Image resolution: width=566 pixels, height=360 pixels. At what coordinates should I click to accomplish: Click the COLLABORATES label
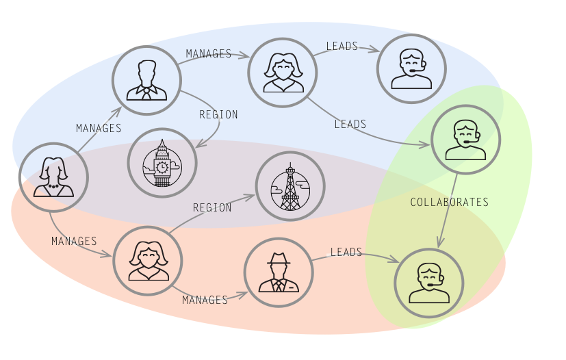coord(449,202)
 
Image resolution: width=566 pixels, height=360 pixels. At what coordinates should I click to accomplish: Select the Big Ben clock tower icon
coord(162,163)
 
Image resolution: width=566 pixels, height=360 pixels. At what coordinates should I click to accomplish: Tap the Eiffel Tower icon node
coord(290,186)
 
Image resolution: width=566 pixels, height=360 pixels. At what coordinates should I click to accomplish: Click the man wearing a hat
coord(279,272)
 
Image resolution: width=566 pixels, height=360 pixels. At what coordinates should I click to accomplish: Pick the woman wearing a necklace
coord(53,177)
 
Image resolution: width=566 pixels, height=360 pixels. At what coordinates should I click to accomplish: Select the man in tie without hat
coord(146,80)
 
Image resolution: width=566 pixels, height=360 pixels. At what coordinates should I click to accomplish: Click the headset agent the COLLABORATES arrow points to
coord(429,283)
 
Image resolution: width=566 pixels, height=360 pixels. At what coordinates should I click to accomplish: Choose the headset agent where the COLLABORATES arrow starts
coord(465,140)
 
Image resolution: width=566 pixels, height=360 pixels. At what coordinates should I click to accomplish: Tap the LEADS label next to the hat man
coord(346,253)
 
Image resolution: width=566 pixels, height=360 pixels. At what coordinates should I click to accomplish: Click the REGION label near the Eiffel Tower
coord(212,207)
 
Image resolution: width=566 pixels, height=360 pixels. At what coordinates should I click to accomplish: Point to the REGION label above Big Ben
coord(218,114)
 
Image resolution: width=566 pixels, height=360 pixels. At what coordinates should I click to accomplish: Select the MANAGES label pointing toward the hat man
coord(205,300)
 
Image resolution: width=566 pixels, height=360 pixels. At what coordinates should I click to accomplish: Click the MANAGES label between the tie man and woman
coord(209,53)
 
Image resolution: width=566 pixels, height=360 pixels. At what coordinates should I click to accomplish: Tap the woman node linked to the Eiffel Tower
coord(148,261)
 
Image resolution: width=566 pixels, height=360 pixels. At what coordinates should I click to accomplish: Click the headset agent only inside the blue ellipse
coord(411,69)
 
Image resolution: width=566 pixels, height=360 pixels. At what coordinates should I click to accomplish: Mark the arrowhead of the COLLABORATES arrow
coord(441,243)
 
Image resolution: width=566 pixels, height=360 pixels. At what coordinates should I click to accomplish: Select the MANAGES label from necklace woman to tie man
coord(99,128)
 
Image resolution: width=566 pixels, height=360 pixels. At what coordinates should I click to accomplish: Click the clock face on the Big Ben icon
coord(162,166)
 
